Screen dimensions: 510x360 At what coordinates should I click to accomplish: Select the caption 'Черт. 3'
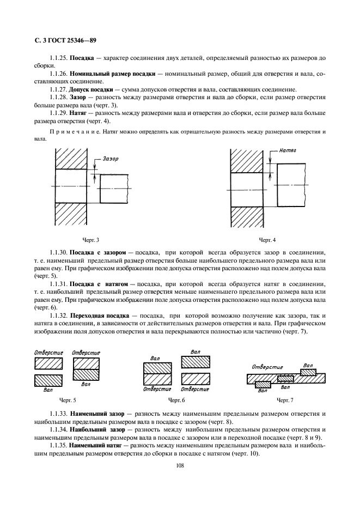[x=90, y=240]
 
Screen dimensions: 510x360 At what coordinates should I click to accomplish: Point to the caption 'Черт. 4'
[x=267, y=240]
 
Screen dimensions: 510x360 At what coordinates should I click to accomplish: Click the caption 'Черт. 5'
[x=68, y=400]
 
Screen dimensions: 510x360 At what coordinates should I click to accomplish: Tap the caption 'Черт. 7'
[x=284, y=400]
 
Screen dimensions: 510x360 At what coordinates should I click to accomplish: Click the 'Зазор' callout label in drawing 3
[x=109, y=159]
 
